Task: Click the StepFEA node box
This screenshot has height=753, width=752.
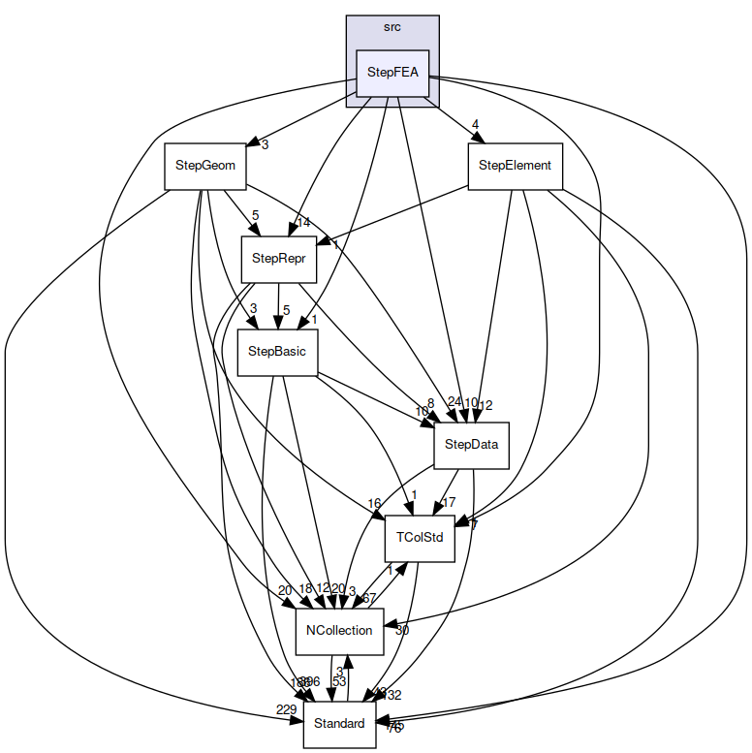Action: click(x=392, y=73)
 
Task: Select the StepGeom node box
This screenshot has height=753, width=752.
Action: click(x=204, y=166)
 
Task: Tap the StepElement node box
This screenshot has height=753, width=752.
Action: click(x=515, y=166)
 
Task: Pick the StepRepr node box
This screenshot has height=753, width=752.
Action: click(x=279, y=258)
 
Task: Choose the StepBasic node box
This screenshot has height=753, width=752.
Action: click(x=277, y=351)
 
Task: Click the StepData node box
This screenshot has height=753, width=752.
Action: click(x=471, y=444)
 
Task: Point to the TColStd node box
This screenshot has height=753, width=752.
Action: click(x=420, y=537)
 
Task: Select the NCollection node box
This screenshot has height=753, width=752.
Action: click(x=339, y=630)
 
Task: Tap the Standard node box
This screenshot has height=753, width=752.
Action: click(x=339, y=723)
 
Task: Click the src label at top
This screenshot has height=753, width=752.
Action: click(x=392, y=27)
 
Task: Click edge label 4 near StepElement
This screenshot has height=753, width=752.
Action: click(x=476, y=124)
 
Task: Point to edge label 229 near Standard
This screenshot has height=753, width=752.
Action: click(x=286, y=710)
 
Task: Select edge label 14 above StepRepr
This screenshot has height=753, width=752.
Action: click(x=303, y=222)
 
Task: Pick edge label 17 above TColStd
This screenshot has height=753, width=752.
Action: click(x=449, y=502)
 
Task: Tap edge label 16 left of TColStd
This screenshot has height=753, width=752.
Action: click(x=374, y=502)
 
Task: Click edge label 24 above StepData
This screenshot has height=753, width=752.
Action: click(x=454, y=401)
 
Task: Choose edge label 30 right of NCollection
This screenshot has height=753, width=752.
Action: click(x=402, y=630)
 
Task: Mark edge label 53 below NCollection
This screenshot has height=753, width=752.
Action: click(x=339, y=681)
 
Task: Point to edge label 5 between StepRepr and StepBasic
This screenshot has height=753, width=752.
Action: click(x=286, y=310)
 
